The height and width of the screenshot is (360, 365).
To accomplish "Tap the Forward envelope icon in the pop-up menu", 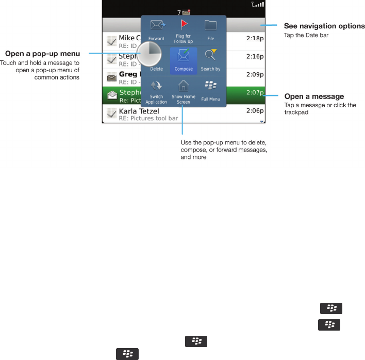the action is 157,26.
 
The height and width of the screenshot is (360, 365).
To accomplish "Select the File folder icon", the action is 210,25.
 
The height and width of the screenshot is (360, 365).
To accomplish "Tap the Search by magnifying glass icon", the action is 210,55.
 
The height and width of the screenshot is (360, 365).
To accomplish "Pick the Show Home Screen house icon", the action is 184,86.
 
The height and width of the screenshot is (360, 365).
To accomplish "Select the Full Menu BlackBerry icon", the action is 210,86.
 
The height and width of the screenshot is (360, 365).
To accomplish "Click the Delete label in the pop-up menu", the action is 156,69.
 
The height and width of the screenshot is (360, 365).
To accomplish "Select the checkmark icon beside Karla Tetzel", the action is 111,113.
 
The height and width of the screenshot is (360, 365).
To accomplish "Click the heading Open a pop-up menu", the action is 42,54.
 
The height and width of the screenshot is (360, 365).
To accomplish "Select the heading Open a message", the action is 314,96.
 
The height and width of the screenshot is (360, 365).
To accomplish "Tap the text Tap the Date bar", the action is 306,35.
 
